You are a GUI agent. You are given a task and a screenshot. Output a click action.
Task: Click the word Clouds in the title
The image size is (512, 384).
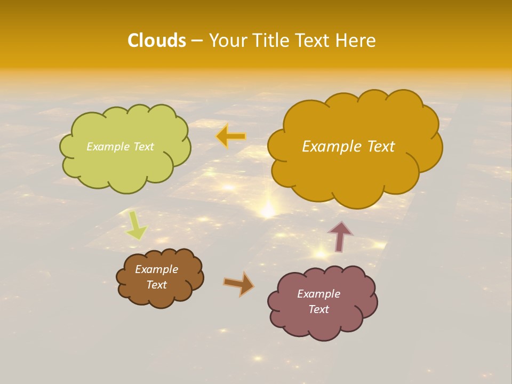click(x=157, y=41)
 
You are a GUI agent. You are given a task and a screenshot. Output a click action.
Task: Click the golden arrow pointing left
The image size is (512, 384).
click(x=231, y=137)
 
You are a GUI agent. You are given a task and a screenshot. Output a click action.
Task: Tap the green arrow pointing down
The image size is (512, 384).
click(x=136, y=225)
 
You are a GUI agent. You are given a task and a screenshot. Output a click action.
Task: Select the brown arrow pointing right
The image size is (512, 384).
click(x=238, y=284)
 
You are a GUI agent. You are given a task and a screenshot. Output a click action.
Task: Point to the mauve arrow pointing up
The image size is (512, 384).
click(x=340, y=236)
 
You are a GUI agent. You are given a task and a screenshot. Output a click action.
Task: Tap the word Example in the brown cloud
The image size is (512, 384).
click(x=156, y=269)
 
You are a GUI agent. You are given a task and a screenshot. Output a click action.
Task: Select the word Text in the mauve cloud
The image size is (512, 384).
click(x=318, y=309)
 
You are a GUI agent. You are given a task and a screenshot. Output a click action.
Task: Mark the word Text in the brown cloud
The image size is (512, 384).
click(x=156, y=285)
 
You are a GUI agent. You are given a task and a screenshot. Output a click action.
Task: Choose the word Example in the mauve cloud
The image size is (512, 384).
click(x=318, y=294)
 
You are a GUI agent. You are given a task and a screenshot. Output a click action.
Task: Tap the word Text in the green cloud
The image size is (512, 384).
click(x=143, y=147)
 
